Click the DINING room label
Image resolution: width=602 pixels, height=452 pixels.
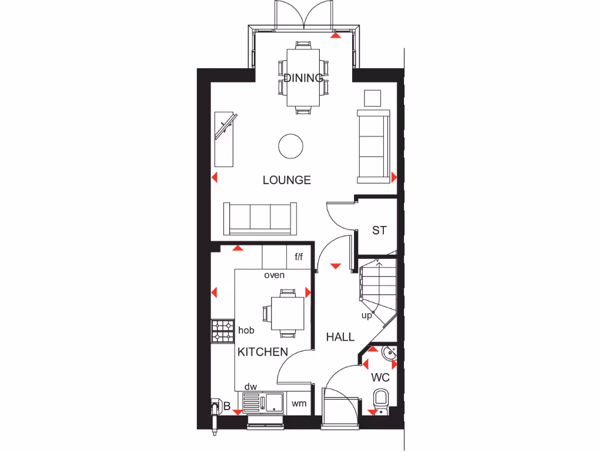click(x=303, y=78)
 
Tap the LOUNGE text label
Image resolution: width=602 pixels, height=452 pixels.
click(x=287, y=180)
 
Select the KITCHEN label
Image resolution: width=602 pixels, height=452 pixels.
click(x=263, y=352)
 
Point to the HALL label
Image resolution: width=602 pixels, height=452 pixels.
click(x=340, y=337)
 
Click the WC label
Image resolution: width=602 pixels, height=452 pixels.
click(x=380, y=377)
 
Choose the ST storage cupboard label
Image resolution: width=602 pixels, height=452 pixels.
click(x=379, y=230)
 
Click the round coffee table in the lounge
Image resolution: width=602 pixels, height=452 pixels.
click(x=290, y=146)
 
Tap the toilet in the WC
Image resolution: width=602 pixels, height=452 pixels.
click(x=381, y=400)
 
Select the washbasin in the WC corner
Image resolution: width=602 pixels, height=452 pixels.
click(x=389, y=353)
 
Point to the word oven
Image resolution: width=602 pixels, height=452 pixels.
click(x=274, y=275)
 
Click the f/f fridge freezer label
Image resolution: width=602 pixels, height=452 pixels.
click(x=299, y=257)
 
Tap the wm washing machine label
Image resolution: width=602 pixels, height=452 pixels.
click(x=300, y=404)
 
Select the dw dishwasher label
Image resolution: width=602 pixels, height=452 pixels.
click(x=250, y=387)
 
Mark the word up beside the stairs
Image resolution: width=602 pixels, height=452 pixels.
click(x=367, y=315)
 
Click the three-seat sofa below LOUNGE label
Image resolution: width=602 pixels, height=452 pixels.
click(x=260, y=217)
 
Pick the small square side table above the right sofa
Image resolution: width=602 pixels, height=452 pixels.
click(x=373, y=98)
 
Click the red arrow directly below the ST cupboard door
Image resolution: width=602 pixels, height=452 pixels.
click(x=335, y=266)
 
